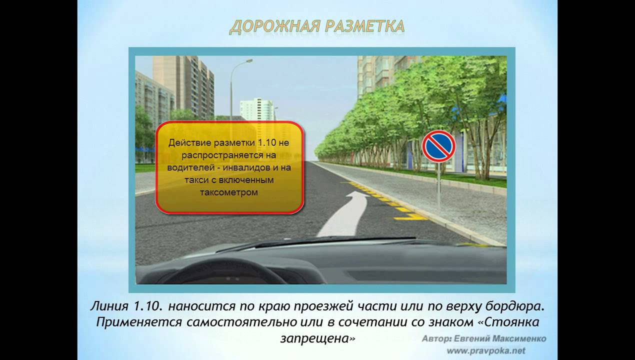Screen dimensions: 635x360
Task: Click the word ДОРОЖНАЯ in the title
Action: (x=275, y=26)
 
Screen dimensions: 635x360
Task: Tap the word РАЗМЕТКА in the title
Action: (x=365, y=26)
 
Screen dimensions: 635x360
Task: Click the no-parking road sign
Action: (x=438, y=146)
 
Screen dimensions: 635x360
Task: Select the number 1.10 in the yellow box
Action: (x=266, y=142)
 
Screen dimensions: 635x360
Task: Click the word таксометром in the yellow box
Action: (x=229, y=192)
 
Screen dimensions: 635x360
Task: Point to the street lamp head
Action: (x=248, y=60)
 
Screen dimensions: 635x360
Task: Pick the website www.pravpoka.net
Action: (x=486, y=351)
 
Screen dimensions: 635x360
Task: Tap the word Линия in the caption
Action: (x=109, y=306)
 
